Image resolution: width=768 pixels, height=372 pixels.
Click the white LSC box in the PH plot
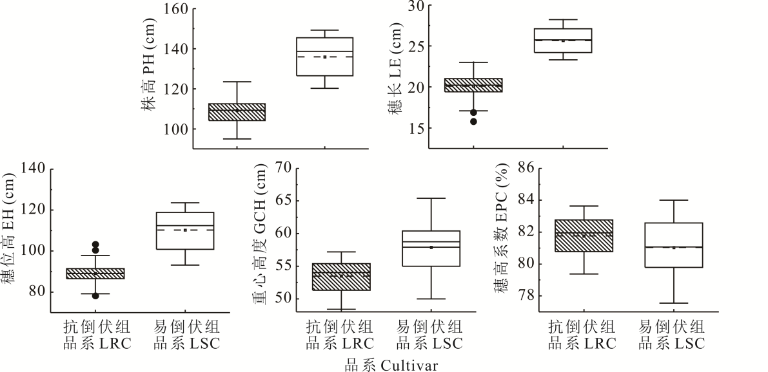pos(324,57)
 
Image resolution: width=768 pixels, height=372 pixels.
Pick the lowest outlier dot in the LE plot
pos(473,121)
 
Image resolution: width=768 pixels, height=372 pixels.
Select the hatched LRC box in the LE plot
pos(474,85)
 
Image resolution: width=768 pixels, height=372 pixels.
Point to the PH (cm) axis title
pos(150,74)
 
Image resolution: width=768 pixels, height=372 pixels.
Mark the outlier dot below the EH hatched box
pos(95,295)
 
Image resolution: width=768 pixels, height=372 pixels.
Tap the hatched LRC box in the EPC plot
pos(584,236)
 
